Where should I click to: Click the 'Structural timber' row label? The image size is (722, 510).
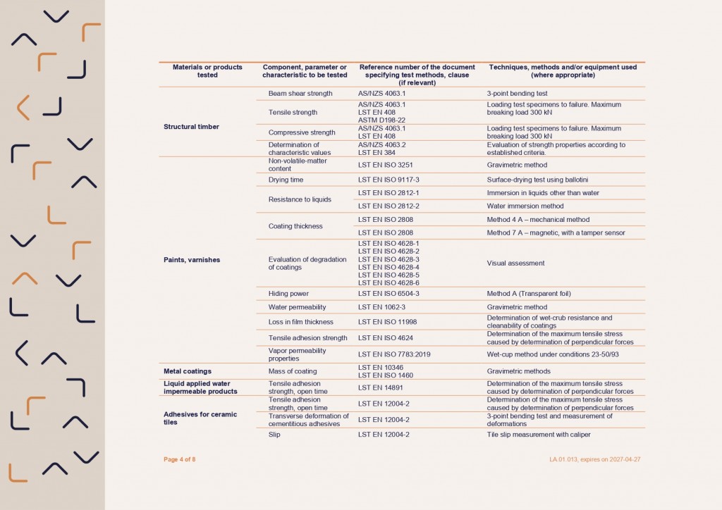pos(191,127)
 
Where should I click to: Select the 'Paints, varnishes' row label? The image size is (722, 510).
pos(191,260)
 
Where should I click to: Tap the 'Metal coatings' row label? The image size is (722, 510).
pos(188,371)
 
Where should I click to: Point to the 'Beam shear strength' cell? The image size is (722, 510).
pos(300,93)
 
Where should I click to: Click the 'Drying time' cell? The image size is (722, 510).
pos(286,180)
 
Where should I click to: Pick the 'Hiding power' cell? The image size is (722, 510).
pos(288,293)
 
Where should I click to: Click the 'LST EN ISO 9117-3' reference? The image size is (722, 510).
pos(388,180)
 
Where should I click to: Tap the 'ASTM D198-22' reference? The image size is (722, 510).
pos(381,120)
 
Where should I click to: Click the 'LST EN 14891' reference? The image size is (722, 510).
pos(379,387)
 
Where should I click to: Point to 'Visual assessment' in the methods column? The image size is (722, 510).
pos(515,263)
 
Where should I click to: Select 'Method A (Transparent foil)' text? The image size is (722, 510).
pos(529,293)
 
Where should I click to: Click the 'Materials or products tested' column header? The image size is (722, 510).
pos(207,70)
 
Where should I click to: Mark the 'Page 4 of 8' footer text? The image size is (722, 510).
pos(179,459)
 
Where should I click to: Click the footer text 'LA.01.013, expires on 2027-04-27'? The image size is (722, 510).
pos(595,459)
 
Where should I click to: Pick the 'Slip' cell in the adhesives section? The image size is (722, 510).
pos(274,435)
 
